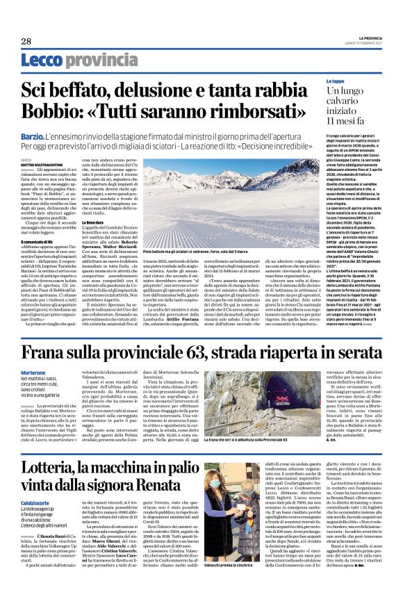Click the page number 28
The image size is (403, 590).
coord(26,41)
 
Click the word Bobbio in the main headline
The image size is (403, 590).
coord(47,111)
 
